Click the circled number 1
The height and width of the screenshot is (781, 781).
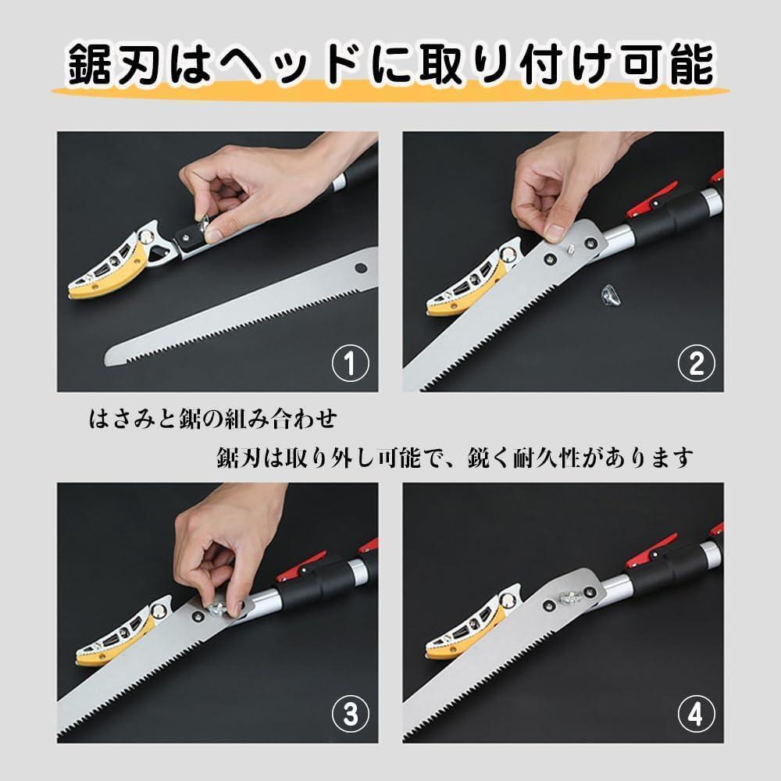click(350, 363)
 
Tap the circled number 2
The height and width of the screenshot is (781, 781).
click(697, 363)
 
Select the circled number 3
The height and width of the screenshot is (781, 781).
click(350, 714)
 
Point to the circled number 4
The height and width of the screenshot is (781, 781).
click(697, 714)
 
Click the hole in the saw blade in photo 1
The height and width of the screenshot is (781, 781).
click(361, 268)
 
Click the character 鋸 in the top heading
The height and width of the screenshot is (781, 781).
click(88, 65)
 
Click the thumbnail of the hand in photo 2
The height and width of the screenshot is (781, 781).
click(555, 232)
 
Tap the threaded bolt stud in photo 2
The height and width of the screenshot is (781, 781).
click(570, 248)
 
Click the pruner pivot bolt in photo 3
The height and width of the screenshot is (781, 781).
click(159, 611)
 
